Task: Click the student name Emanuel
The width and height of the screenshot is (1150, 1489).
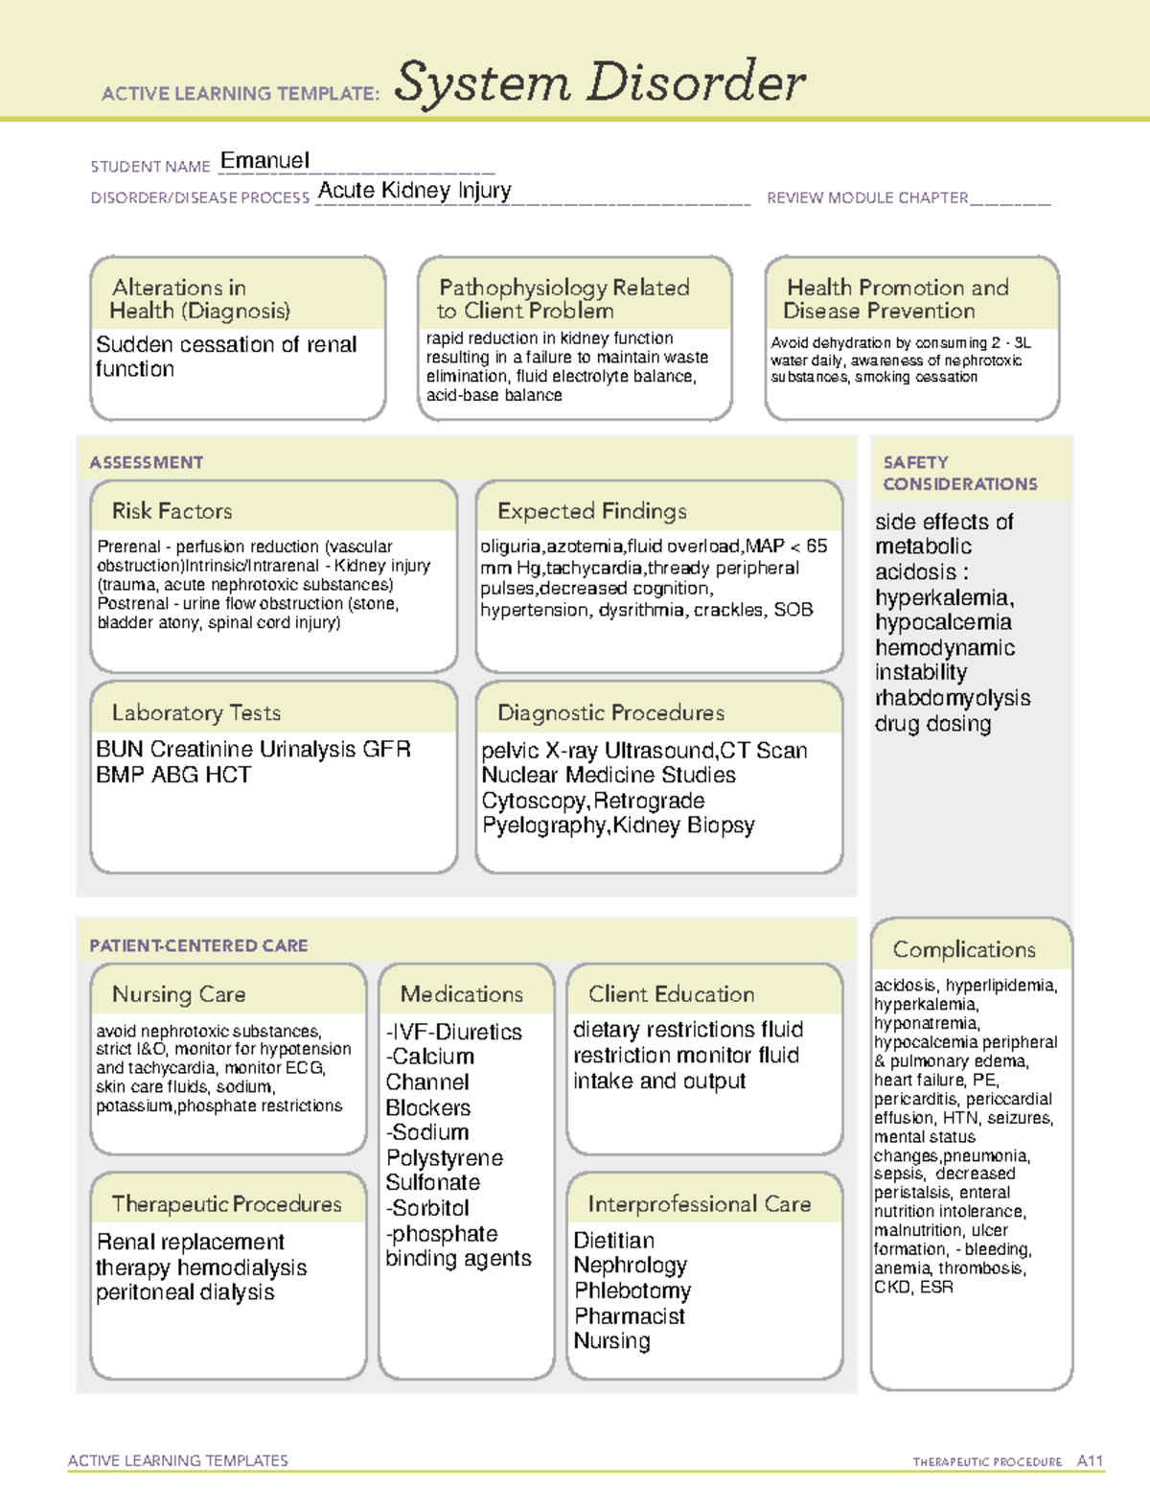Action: [x=264, y=161]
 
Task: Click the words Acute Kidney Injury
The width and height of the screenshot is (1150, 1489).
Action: [x=414, y=191]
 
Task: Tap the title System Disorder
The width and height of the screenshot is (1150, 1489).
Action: [x=599, y=82]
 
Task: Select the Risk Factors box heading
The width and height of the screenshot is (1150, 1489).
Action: [x=172, y=511]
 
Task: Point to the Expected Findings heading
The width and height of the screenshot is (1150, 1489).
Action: [x=591, y=511]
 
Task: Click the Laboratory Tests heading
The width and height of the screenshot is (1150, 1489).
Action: [x=195, y=712]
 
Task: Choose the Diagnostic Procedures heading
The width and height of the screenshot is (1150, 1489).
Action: [x=610, y=712]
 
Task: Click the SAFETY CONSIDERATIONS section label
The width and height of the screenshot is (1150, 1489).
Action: [x=959, y=474]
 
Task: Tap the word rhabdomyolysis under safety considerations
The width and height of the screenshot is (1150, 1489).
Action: [x=953, y=698]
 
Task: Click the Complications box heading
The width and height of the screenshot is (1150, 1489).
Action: [x=963, y=949]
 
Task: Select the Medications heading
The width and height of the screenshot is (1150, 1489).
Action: [x=461, y=994]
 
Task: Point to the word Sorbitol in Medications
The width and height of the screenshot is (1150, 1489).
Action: [x=430, y=1208]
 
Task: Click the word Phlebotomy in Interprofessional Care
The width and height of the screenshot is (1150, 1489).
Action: [x=632, y=1291]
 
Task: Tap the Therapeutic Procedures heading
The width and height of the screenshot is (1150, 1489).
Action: [x=226, y=1203]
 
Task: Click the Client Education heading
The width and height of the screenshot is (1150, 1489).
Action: [x=671, y=994]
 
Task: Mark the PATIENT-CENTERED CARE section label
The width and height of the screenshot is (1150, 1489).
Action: [x=198, y=945]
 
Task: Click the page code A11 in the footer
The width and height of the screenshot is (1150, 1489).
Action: [x=1090, y=1461]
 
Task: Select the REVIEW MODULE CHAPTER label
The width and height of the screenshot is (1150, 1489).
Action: [x=866, y=198]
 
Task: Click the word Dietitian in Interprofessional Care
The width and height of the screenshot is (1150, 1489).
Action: [x=613, y=1241]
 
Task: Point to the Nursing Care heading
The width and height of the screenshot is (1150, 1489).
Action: [x=178, y=994]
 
